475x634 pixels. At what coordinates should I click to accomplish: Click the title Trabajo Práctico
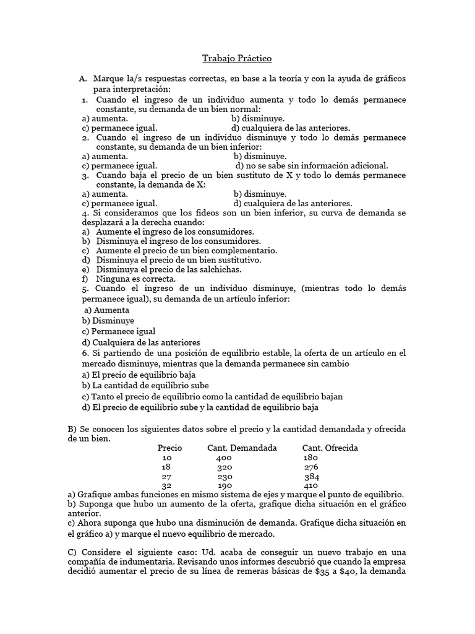click(x=237, y=59)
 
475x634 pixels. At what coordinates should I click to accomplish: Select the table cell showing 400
click(x=224, y=458)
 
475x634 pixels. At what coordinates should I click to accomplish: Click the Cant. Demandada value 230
click(x=226, y=477)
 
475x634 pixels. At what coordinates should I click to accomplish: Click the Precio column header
click(x=170, y=448)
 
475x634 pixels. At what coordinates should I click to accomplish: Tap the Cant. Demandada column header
click(x=242, y=448)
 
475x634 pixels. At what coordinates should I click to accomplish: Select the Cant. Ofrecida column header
click(x=330, y=448)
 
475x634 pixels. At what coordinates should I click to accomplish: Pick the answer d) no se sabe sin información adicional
click(x=312, y=165)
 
